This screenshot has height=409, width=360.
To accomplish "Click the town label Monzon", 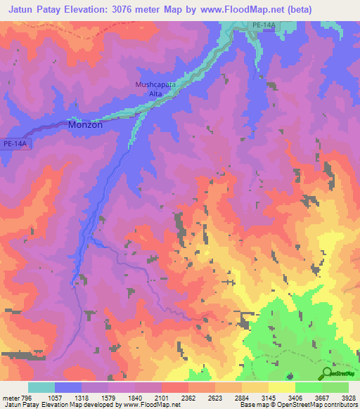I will (85, 124).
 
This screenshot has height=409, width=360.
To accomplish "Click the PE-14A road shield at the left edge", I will (15, 143).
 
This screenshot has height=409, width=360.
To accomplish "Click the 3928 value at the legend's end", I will (349, 397).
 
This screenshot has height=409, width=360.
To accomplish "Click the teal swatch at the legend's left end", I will (41, 387).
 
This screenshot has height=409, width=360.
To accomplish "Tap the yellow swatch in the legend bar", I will (282, 387).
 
